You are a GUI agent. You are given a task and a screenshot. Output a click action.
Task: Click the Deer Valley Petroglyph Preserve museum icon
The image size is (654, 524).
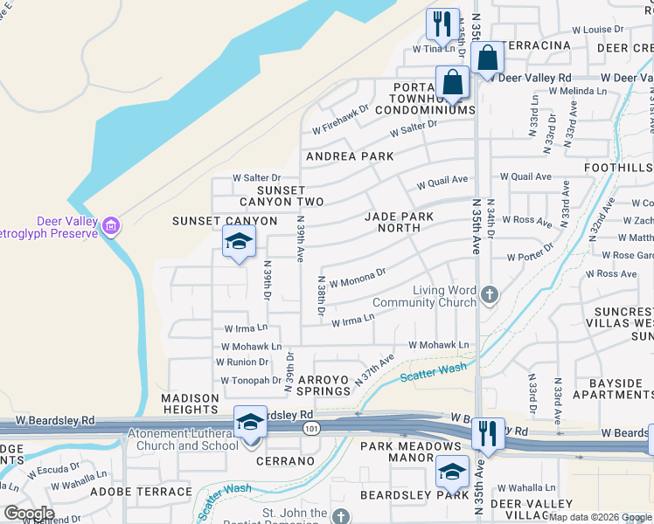(x=110, y=227)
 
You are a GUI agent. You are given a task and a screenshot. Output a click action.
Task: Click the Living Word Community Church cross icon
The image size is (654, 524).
(x=489, y=295)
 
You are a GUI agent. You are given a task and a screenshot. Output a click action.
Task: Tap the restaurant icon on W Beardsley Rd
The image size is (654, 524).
(x=488, y=431)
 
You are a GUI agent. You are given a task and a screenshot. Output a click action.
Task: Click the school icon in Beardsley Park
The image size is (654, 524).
(x=451, y=472)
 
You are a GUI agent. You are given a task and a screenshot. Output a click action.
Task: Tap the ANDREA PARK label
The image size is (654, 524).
(x=349, y=156)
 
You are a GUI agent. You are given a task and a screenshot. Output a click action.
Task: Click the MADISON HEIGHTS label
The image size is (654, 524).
(x=190, y=403)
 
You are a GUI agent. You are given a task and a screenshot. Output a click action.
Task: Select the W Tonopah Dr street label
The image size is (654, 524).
(x=251, y=380)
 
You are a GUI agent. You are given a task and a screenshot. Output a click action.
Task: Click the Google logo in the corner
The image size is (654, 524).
(x=29, y=514)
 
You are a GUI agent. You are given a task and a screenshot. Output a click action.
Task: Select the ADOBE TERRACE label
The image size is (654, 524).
(x=157, y=492)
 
